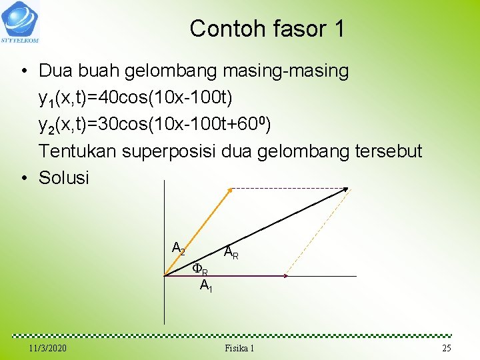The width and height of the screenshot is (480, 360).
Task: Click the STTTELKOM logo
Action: (20, 20)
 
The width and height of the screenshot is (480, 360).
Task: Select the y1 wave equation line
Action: (135, 99)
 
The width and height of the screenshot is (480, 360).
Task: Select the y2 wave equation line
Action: (155, 125)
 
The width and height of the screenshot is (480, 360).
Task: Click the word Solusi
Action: (64, 178)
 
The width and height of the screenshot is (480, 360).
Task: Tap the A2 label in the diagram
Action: (178, 249)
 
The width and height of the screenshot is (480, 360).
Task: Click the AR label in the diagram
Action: (231, 253)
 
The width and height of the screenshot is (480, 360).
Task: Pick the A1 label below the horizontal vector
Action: (206, 287)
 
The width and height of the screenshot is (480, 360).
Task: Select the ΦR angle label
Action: (199, 269)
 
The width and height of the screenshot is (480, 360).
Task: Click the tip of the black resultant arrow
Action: (347, 189)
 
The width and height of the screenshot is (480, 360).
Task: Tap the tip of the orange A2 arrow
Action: (229, 190)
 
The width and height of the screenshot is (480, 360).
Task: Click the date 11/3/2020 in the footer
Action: (48, 349)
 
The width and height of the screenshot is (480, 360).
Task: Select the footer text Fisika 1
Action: (239, 349)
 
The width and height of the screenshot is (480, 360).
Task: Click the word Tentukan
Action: (77, 151)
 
